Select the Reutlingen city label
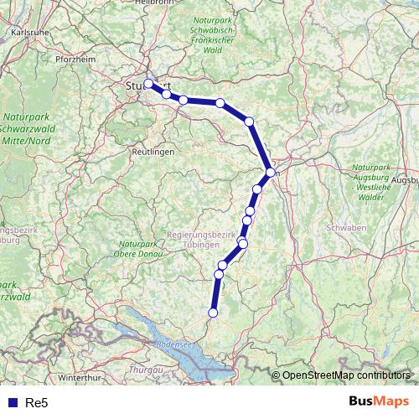click(153, 152)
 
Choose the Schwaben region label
click(344, 227)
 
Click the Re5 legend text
click(36, 402)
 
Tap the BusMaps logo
click(379, 401)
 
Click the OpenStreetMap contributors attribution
click(346, 375)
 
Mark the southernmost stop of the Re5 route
click(213, 313)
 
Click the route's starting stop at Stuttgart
click(148, 83)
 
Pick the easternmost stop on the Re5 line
click(271, 172)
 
